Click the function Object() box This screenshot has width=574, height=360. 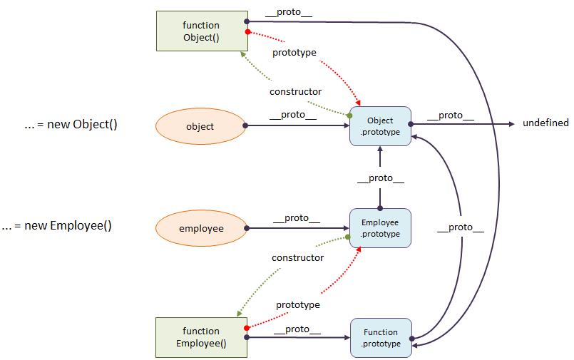coord(202,31)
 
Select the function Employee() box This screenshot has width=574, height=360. coord(201,337)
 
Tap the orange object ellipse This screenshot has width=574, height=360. coord(200,126)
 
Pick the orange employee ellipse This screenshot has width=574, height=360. coord(201,228)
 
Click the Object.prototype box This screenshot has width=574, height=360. coord(380,126)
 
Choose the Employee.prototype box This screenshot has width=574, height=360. coord(380,228)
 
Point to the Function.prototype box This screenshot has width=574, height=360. coord(381,338)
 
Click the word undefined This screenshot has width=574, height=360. coord(545,123)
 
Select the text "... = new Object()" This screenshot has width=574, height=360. coord(71,124)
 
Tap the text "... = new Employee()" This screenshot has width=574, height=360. coord(57,226)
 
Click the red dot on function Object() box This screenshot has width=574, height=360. coord(248,32)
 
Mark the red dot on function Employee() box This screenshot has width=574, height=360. coord(247,328)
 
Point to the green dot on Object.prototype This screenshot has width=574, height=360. coord(349,115)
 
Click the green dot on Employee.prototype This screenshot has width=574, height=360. coord(348,237)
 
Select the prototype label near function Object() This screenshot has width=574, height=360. coord(294,53)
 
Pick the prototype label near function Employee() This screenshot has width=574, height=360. coord(298,305)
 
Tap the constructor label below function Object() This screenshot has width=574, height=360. coord(295,91)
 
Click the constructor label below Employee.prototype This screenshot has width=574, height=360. coord(297,258)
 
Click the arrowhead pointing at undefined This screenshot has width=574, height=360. coord(512,124)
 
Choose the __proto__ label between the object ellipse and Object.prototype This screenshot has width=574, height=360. coord(293,115)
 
